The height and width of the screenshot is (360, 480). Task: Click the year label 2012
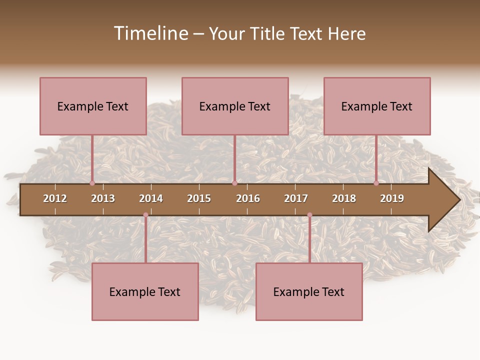(55, 198)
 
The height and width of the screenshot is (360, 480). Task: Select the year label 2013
(103, 198)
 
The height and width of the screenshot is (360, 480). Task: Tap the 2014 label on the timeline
(151, 198)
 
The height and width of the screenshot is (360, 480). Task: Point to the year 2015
(199, 198)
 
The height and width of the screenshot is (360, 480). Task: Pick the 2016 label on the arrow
(248, 198)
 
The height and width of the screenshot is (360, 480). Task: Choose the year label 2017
(296, 198)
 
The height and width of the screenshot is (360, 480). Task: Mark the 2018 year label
(344, 198)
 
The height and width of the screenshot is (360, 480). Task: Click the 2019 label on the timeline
(392, 198)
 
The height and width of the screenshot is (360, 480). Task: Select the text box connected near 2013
(93, 106)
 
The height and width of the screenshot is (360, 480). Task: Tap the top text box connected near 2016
(235, 106)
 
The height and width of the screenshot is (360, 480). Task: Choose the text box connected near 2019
(377, 106)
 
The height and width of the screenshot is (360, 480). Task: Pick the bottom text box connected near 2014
(145, 291)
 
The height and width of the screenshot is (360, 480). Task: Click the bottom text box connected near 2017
(309, 291)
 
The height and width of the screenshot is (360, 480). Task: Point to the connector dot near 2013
(92, 183)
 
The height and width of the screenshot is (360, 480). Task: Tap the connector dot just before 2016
(234, 183)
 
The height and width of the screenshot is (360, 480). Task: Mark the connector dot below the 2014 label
(145, 215)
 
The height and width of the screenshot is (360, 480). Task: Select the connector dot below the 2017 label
(309, 215)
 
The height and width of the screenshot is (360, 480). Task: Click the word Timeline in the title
(150, 33)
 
